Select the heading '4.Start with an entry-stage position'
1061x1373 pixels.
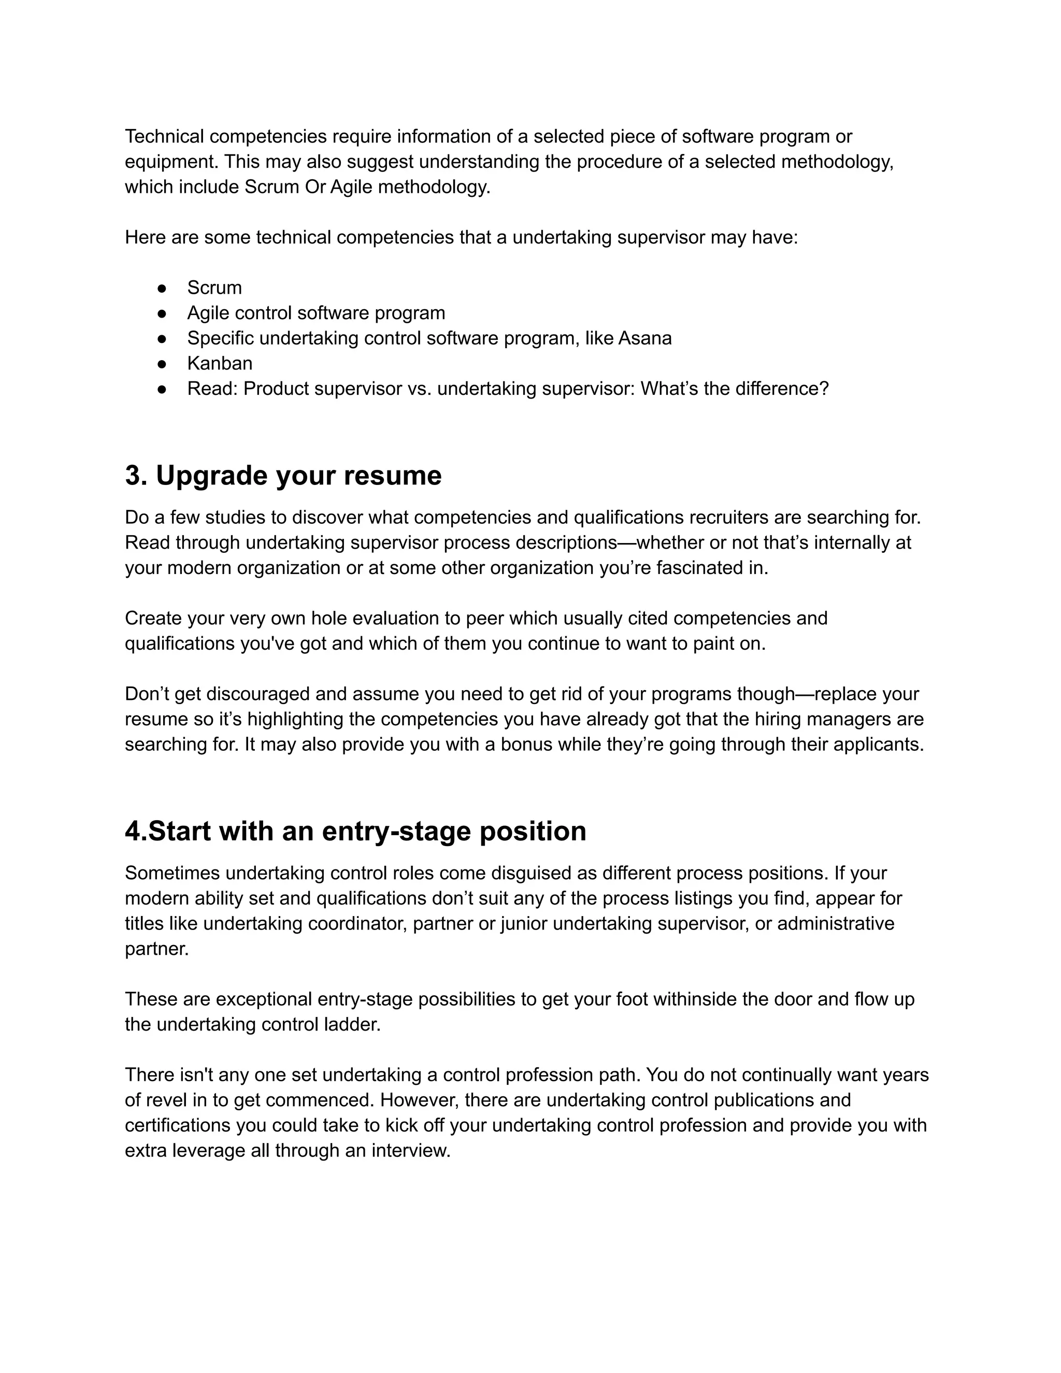tap(355, 832)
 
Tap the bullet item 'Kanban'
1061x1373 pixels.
tap(219, 363)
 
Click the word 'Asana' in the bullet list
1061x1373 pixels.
tap(645, 338)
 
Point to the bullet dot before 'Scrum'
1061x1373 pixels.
tap(162, 288)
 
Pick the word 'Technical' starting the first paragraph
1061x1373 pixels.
tap(164, 136)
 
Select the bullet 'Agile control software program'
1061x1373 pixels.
tap(316, 313)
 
